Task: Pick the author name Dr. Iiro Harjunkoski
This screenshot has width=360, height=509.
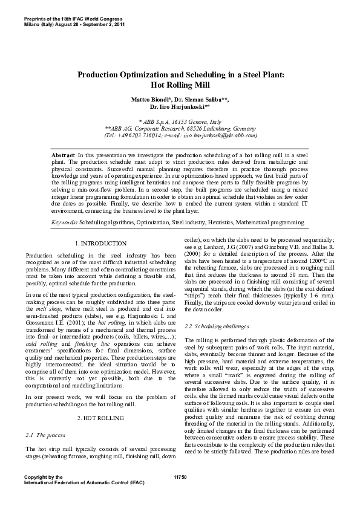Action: (178, 106)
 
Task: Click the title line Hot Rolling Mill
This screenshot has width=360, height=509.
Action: (180, 85)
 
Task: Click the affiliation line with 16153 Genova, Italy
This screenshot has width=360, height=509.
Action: (180, 122)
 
